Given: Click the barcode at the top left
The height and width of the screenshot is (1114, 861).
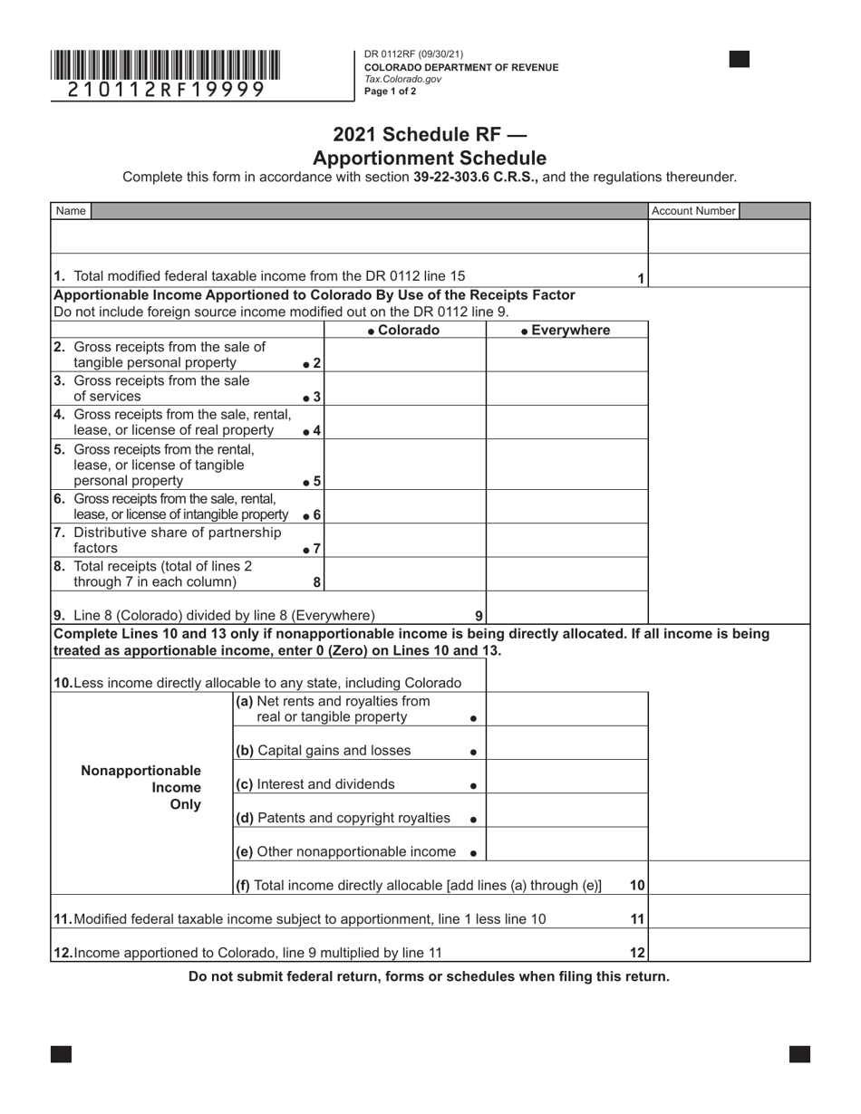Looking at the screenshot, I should click(165, 66).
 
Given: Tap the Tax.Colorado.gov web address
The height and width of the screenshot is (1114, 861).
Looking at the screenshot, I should click(402, 79).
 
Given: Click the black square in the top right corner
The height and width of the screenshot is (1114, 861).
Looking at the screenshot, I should click(739, 60).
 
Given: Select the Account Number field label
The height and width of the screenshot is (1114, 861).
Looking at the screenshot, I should click(693, 211).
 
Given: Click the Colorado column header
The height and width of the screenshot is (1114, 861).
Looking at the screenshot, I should click(404, 331).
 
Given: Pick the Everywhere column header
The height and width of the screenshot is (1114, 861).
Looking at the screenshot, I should click(566, 331).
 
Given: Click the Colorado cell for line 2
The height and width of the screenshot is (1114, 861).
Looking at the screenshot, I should click(404, 355).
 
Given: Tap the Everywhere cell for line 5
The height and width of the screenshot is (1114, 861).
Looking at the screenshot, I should click(566, 464).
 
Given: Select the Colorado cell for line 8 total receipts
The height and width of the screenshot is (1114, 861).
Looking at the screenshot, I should click(404, 573).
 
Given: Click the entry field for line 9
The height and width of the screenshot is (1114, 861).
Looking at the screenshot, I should click(566, 608).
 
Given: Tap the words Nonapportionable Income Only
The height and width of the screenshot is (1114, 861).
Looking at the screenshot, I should click(141, 787).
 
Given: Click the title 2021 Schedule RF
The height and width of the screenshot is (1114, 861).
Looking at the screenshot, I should click(430, 135).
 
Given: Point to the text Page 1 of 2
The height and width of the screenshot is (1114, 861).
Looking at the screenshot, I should click(391, 91).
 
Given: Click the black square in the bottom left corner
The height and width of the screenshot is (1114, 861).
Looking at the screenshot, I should click(61, 1053).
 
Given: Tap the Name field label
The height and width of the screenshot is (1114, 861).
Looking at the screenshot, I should click(71, 211).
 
